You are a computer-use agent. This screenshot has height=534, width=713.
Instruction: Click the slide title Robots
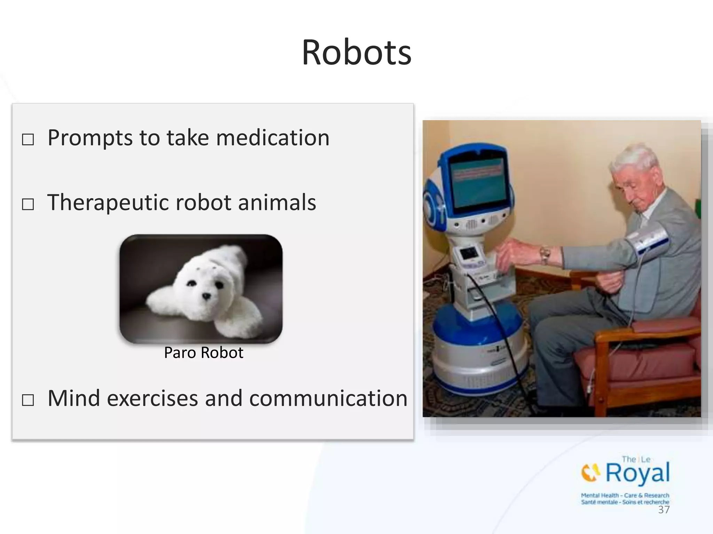coord(356,53)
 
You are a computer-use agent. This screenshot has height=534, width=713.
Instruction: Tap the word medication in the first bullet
coord(273,138)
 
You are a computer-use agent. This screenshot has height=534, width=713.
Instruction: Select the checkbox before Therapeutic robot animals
coord(28,204)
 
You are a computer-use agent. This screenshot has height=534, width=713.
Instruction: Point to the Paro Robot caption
coord(204,353)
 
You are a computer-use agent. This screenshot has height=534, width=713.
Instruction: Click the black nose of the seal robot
coord(207,296)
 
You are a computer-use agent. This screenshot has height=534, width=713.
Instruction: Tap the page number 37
coord(664,510)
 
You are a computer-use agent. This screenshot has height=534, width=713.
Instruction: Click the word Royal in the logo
coord(637,473)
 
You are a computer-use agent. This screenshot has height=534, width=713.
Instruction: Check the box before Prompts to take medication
coord(28,140)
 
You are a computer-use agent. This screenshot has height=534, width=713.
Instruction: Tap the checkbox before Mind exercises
coord(28,400)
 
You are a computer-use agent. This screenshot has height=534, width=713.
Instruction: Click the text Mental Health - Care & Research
coord(625,495)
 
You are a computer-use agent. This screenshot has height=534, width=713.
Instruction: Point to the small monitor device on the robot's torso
coord(468,256)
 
